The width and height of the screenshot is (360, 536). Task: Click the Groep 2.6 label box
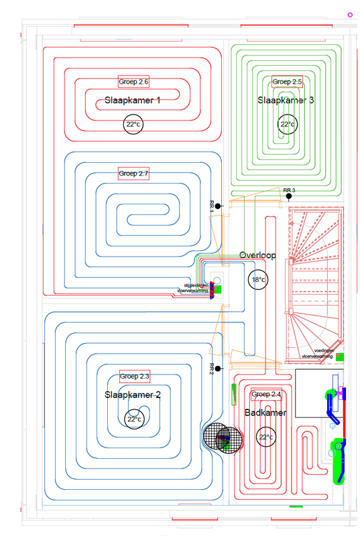tap(133, 82)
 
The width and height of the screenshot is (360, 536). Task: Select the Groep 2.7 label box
tap(133, 173)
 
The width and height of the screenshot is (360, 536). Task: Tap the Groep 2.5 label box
tap(288, 82)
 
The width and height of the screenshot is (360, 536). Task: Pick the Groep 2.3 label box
tap(134, 375)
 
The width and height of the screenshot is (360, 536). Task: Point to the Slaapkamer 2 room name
tap(133, 395)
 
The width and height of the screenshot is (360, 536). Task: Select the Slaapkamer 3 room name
tap(286, 100)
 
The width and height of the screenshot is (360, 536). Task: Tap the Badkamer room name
tap(265, 413)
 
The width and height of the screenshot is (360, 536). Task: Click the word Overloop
tap(258, 255)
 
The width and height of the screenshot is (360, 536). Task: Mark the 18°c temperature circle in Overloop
tap(258, 279)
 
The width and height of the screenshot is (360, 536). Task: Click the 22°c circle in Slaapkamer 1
tap(133, 125)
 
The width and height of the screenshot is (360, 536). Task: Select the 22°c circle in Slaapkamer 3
tap(288, 125)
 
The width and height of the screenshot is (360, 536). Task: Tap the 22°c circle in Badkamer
tap(266, 438)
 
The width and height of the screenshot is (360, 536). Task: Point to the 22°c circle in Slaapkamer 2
tap(134, 420)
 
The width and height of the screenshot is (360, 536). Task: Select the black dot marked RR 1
tap(218, 206)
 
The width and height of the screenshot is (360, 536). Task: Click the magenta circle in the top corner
tap(349, 14)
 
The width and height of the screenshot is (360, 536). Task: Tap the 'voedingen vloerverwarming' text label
tap(317, 353)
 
